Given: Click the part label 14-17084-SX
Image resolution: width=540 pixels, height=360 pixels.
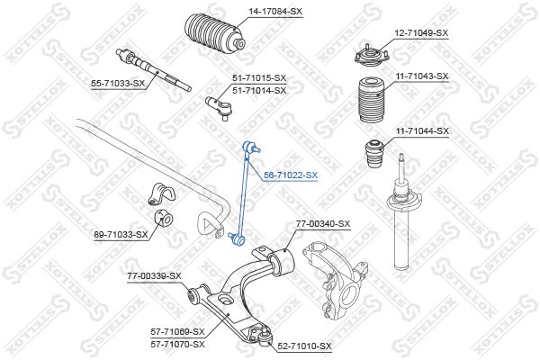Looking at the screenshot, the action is pyautogui.click(x=275, y=12).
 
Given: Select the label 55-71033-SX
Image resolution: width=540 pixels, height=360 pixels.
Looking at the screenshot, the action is pyautogui.click(x=118, y=83).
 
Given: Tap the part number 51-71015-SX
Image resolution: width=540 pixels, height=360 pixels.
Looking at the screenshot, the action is pyautogui.click(x=259, y=78).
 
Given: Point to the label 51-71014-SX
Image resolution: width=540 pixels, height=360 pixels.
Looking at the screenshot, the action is pyautogui.click(x=259, y=91).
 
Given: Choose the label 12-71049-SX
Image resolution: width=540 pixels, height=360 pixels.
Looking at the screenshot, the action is pyautogui.click(x=421, y=33).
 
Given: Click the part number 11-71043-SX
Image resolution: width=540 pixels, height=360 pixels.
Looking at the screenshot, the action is pyautogui.click(x=422, y=76).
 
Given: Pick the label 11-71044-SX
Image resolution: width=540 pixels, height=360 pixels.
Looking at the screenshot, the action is pyautogui.click(x=422, y=130).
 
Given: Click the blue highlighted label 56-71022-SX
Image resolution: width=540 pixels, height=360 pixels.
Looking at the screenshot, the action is pyautogui.click(x=291, y=175).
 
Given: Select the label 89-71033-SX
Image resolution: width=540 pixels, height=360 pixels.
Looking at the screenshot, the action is pyautogui.click(x=121, y=235).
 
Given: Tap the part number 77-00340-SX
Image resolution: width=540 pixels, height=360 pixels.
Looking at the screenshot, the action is pyautogui.click(x=323, y=224).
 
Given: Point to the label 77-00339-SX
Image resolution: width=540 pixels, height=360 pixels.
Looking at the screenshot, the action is pyautogui.click(x=154, y=276).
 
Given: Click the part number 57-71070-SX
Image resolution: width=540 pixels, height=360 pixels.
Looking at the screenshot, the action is pyautogui.click(x=177, y=344).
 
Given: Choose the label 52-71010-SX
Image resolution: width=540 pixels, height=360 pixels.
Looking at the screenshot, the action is pyautogui.click(x=304, y=346).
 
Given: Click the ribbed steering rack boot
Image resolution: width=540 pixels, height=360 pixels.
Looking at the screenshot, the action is pyautogui.click(x=215, y=34).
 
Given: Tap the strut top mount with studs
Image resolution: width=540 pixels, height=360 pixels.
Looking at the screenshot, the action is pyautogui.click(x=372, y=56).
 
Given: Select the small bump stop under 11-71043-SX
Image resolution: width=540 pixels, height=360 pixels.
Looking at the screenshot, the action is pyautogui.click(x=374, y=152).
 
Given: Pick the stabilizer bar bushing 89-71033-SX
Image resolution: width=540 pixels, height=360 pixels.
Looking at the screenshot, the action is pyautogui.click(x=163, y=220).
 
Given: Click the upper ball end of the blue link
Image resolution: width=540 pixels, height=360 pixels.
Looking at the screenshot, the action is pyautogui.click(x=249, y=148).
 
